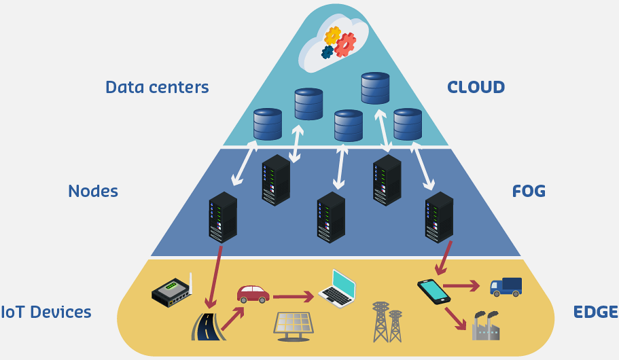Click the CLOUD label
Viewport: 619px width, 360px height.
(x=476, y=87)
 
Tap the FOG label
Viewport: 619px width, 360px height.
(x=529, y=191)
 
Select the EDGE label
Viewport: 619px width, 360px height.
(x=595, y=312)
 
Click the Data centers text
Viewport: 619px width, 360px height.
(x=157, y=87)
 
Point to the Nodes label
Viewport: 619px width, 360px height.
(x=93, y=191)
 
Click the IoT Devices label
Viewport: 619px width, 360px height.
(x=46, y=312)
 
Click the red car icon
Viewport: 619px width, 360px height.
(x=253, y=293)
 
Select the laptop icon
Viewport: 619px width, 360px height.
(x=338, y=287)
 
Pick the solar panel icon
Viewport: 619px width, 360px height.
(x=294, y=324)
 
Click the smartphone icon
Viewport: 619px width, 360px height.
(x=434, y=291)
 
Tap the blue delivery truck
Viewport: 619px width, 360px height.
(x=506, y=286)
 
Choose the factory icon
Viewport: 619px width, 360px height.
(x=486, y=325)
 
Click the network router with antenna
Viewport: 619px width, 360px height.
(x=171, y=291)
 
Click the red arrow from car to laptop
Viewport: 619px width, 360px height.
(x=294, y=296)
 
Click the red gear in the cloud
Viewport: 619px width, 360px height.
(x=345, y=44)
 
